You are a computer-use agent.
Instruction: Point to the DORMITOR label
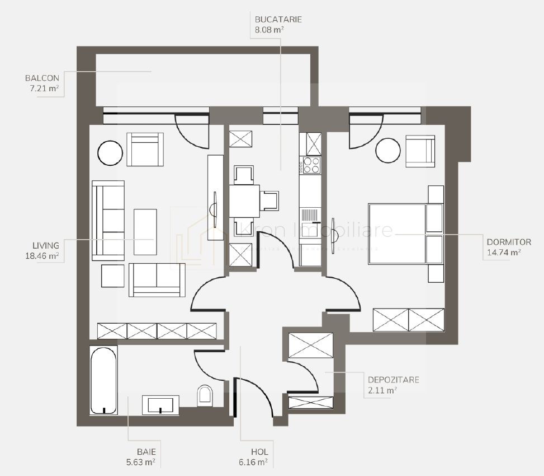pyautogui.click(x=508, y=242)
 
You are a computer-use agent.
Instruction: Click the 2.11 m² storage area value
pyautogui.click(x=382, y=390)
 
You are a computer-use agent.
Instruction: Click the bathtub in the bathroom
pyautogui.click(x=104, y=379)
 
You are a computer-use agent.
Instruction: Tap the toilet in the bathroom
pyautogui.click(x=205, y=395)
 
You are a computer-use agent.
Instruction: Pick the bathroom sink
pyautogui.click(x=160, y=404)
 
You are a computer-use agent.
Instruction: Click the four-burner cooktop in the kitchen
pyautogui.click(x=310, y=166)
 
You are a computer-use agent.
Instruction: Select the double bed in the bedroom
pyautogui.click(x=404, y=234)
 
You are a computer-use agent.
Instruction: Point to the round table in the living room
pyautogui.click(x=110, y=151)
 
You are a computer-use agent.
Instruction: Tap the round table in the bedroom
pyautogui.click(x=387, y=150)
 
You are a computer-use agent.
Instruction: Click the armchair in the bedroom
pyautogui.click(x=420, y=151)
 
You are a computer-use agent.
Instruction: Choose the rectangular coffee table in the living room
pyautogui.click(x=145, y=232)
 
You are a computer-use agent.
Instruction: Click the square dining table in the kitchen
pyautogui.click(x=244, y=200)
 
